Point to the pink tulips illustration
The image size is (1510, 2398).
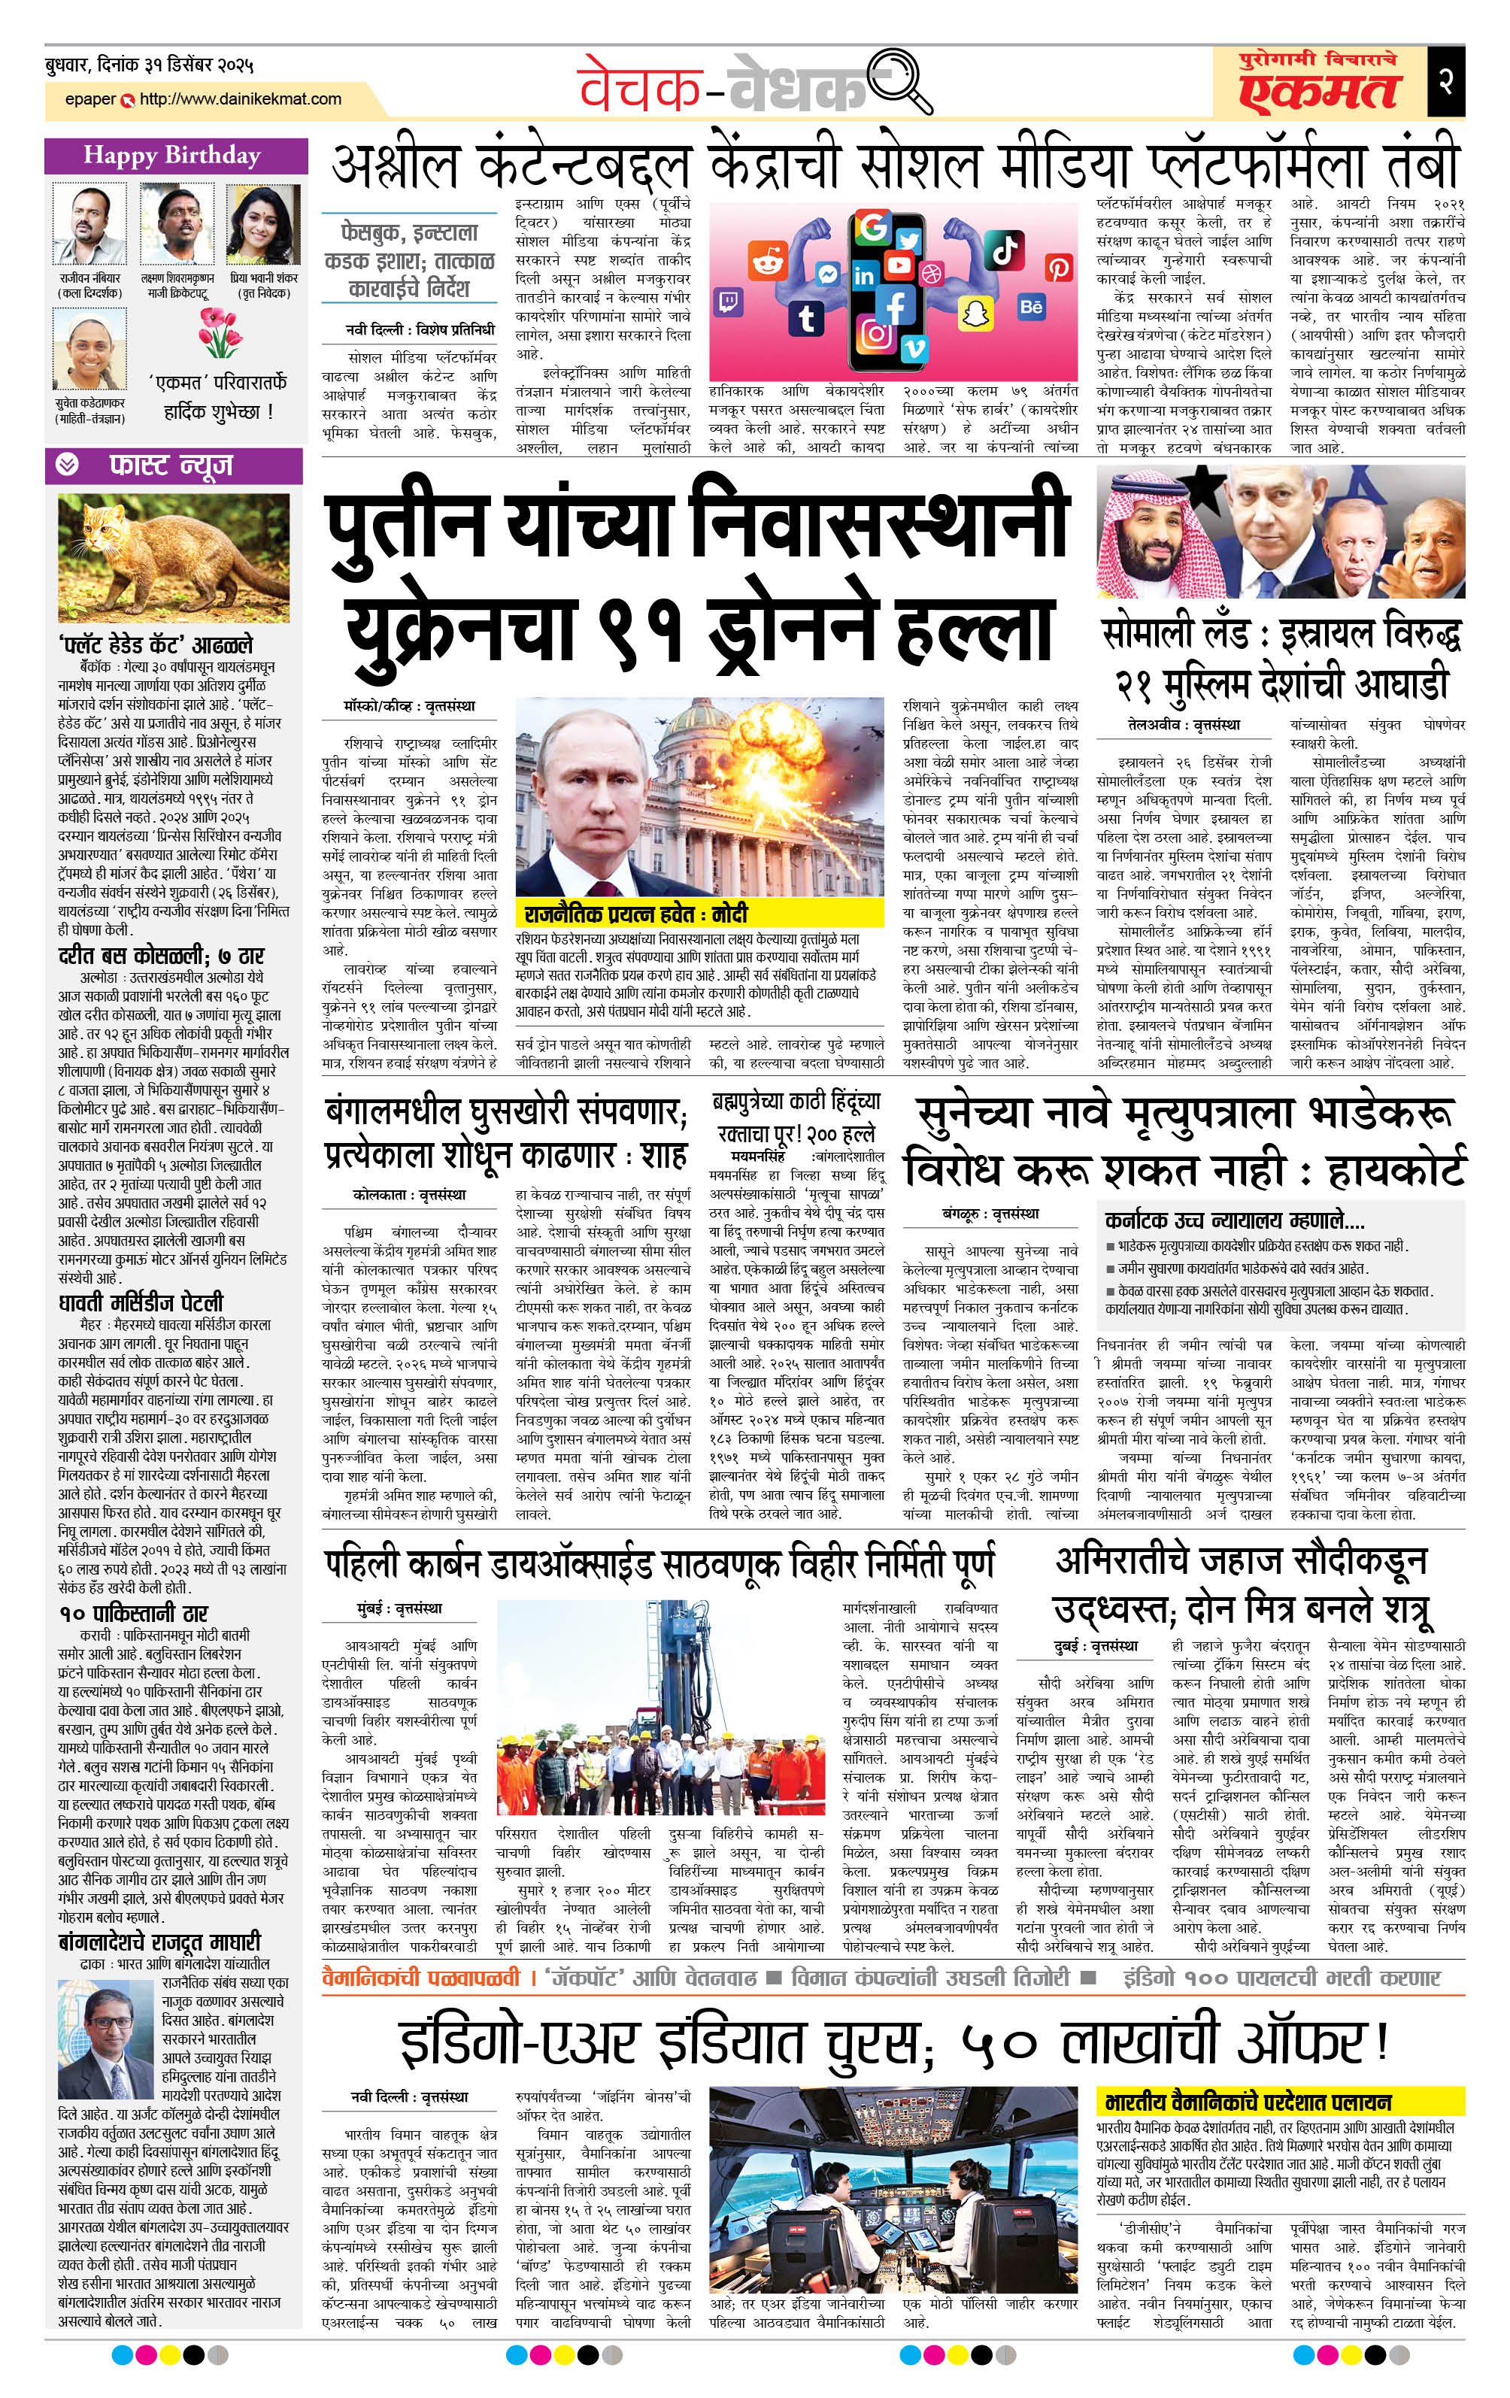(x=219, y=332)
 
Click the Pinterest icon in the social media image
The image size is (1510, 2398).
(x=1058, y=267)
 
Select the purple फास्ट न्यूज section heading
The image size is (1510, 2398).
(x=172, y=464)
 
